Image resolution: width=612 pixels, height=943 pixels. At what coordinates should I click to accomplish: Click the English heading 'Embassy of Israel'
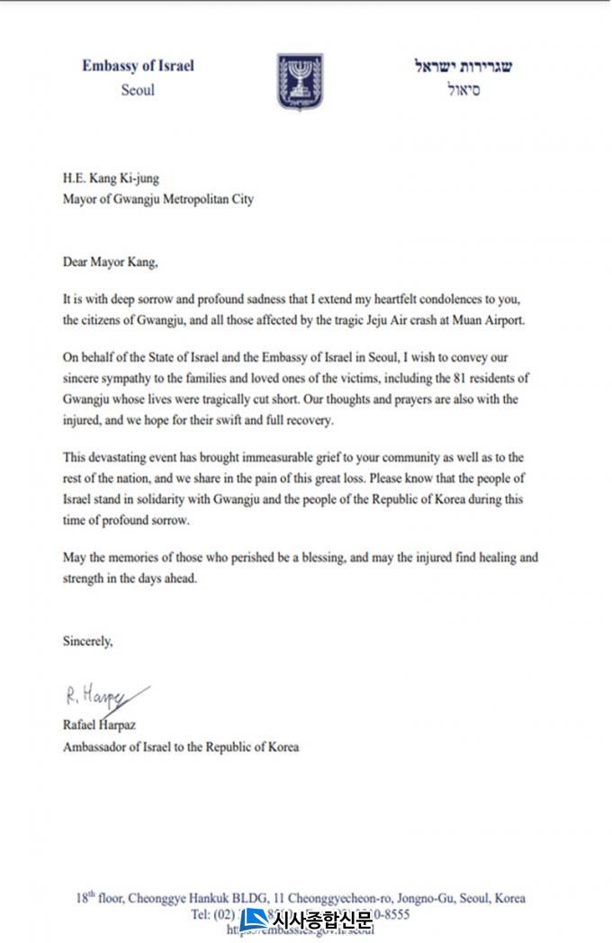click(138, 66)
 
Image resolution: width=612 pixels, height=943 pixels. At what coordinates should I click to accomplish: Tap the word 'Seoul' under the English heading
click(138, 90)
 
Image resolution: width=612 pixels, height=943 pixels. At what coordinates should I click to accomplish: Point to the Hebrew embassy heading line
click(463, 67)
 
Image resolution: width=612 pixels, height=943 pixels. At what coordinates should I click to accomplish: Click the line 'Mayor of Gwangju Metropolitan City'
click(157, 199)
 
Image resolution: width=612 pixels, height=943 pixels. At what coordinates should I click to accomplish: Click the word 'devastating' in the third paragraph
click(121, 457)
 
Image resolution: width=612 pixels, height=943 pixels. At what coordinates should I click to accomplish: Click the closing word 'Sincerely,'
click(88, 642)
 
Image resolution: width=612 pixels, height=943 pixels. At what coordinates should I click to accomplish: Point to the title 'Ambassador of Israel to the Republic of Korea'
click(180, 747)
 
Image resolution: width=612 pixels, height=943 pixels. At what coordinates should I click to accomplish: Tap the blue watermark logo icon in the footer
click(254, 919)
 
